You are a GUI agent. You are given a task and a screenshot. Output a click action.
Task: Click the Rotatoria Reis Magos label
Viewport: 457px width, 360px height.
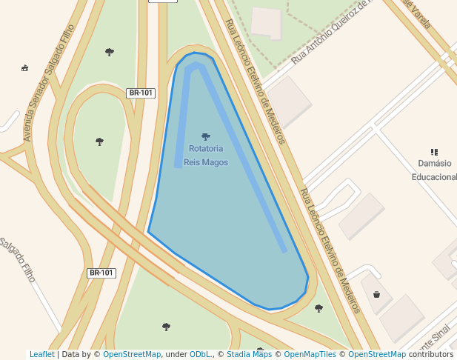pyautogui.click(x=206, y=155)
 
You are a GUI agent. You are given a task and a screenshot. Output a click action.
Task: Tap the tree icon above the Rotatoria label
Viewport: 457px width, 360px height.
pyautogui.click(x=206, y=136)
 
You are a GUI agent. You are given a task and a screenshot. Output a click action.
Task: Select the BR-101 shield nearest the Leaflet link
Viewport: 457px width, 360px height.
pyautogui.click(x=101, y=273)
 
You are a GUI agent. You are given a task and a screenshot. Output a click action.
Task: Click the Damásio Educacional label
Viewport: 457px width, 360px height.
pyautogui.click(x=434, y=170)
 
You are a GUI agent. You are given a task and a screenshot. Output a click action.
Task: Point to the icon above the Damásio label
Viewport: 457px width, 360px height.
pyautogui.click(x=435, y=152)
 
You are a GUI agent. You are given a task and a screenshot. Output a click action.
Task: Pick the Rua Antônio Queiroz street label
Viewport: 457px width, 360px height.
pyautogui.click(x=330, y=32)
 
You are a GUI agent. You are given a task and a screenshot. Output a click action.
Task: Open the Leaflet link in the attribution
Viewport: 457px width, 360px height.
pyautogui.click(x=41, y=354)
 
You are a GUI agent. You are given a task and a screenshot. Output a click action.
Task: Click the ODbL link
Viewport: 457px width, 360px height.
pyautogui.click(x=199, y=354)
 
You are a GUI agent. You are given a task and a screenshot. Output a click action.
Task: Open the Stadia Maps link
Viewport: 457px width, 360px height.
pyautogui.click(x=249, y=354)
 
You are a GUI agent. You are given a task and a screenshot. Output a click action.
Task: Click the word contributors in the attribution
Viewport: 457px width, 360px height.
pyautogui.click(x=431, y=354)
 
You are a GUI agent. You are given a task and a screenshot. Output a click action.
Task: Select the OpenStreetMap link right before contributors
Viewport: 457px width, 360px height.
pyautogui.click(x=377, y=354)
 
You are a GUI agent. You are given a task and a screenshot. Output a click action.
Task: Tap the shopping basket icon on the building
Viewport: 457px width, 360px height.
pyautogui.click(x=377, y=295)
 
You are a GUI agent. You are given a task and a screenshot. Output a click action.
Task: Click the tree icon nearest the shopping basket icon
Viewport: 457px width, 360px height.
pyautogui.click(x=319, y=307)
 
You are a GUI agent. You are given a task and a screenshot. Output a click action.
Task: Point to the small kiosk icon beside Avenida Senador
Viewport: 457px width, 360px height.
pyautogui.click(x=25, y=68)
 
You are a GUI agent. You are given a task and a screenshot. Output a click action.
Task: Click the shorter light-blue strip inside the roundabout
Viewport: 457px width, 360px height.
pyautogui.click(x=182, y=119)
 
